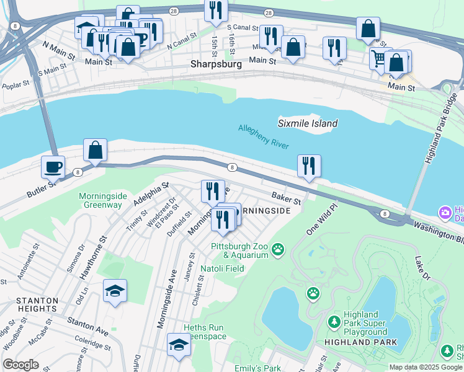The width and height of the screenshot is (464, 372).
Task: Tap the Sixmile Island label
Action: point(308,123)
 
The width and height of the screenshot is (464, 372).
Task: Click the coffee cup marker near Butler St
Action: point(53,166)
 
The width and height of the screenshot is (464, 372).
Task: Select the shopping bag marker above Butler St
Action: point(95,149)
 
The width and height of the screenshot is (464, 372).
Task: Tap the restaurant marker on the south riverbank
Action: point(308,166)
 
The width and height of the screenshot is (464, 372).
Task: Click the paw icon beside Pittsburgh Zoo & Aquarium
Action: point(279,250)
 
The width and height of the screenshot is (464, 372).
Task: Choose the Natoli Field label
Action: point(221,268)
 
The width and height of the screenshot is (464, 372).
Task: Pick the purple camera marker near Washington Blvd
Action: point(445,213)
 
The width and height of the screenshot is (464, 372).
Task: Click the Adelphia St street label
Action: point(148,194)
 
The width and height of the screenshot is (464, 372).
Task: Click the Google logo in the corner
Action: point(21,365)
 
